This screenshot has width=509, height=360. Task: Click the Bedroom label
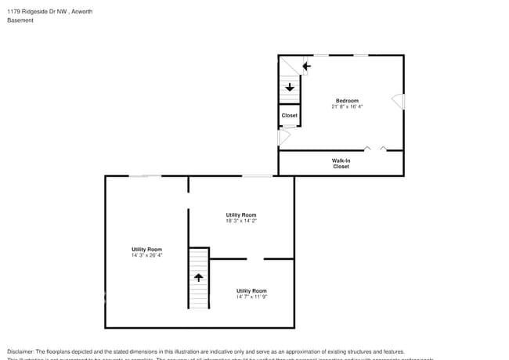click(347, 101)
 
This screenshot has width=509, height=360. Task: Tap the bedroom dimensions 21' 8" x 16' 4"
click(347, 106)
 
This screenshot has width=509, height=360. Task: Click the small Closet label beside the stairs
click(290, 116)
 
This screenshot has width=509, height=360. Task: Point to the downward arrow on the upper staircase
click(290, 87)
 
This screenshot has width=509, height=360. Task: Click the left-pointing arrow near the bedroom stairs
click(306, 66)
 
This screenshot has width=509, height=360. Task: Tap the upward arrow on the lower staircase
click(199, 277)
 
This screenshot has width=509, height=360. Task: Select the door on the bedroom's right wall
click(399, 102)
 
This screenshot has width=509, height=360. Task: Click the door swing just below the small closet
click(285, 137)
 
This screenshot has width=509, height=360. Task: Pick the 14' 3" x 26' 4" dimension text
click(147, 255)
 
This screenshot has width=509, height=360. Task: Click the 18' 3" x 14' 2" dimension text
click(241, 221)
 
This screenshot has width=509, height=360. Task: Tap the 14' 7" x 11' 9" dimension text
click(251, 297)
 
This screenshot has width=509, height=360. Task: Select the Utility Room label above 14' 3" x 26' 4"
click(147, 249)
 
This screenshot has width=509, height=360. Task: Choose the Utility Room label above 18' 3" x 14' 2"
click(241, 214)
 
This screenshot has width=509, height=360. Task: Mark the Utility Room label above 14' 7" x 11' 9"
click(251, 290)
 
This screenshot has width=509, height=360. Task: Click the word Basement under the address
click(20, 20)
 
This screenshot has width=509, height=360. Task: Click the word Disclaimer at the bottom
click(21, 351)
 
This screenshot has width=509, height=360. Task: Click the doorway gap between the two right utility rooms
click(255, 258)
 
